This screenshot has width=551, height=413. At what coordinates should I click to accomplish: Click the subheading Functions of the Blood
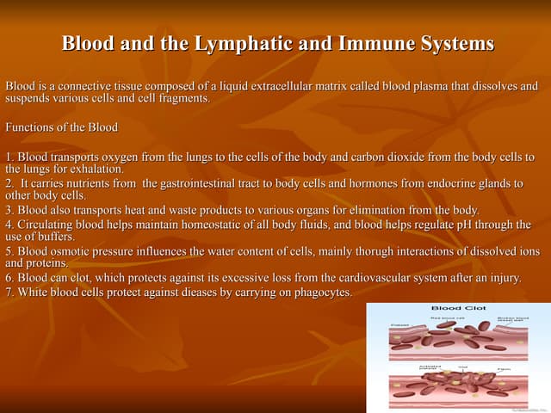click(x=61, y=127)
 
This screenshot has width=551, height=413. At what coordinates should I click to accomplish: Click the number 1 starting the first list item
click(x=9, y=157)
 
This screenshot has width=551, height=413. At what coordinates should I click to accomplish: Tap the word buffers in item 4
click(x=53, y=237)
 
